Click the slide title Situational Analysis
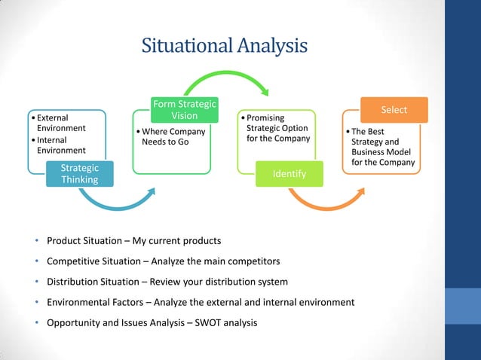tap(225, 46)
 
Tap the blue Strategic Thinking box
tap(80, 174)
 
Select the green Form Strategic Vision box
tap(185, 110)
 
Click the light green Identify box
tap(290, 174)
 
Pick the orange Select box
tap(394, 110)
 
